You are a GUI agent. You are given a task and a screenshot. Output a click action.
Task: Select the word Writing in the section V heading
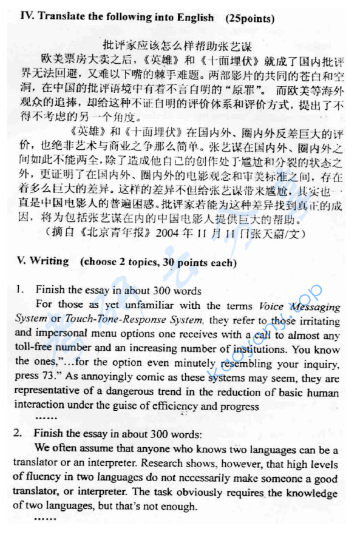coord(49,262)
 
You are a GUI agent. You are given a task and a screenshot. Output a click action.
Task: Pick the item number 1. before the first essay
coord(19,290)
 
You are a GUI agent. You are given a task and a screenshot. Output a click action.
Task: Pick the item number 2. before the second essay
coord(19,434)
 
